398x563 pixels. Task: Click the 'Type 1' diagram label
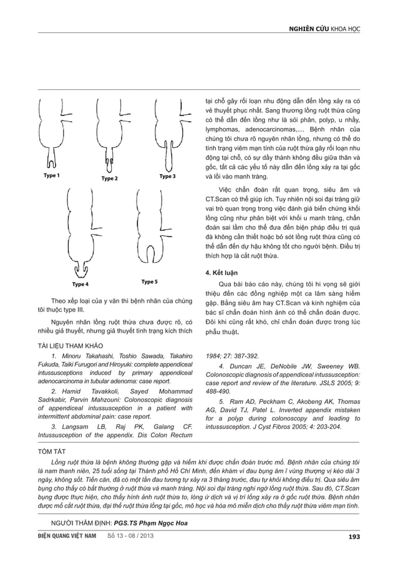coord(52,176)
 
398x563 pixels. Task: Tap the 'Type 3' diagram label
coord(167,177)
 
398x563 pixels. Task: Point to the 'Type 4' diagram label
coord(80,284)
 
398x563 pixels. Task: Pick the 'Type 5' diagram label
coord(150,281)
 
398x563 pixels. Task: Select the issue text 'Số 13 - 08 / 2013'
coord(130,536)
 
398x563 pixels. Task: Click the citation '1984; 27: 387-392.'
coord(232,356)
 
